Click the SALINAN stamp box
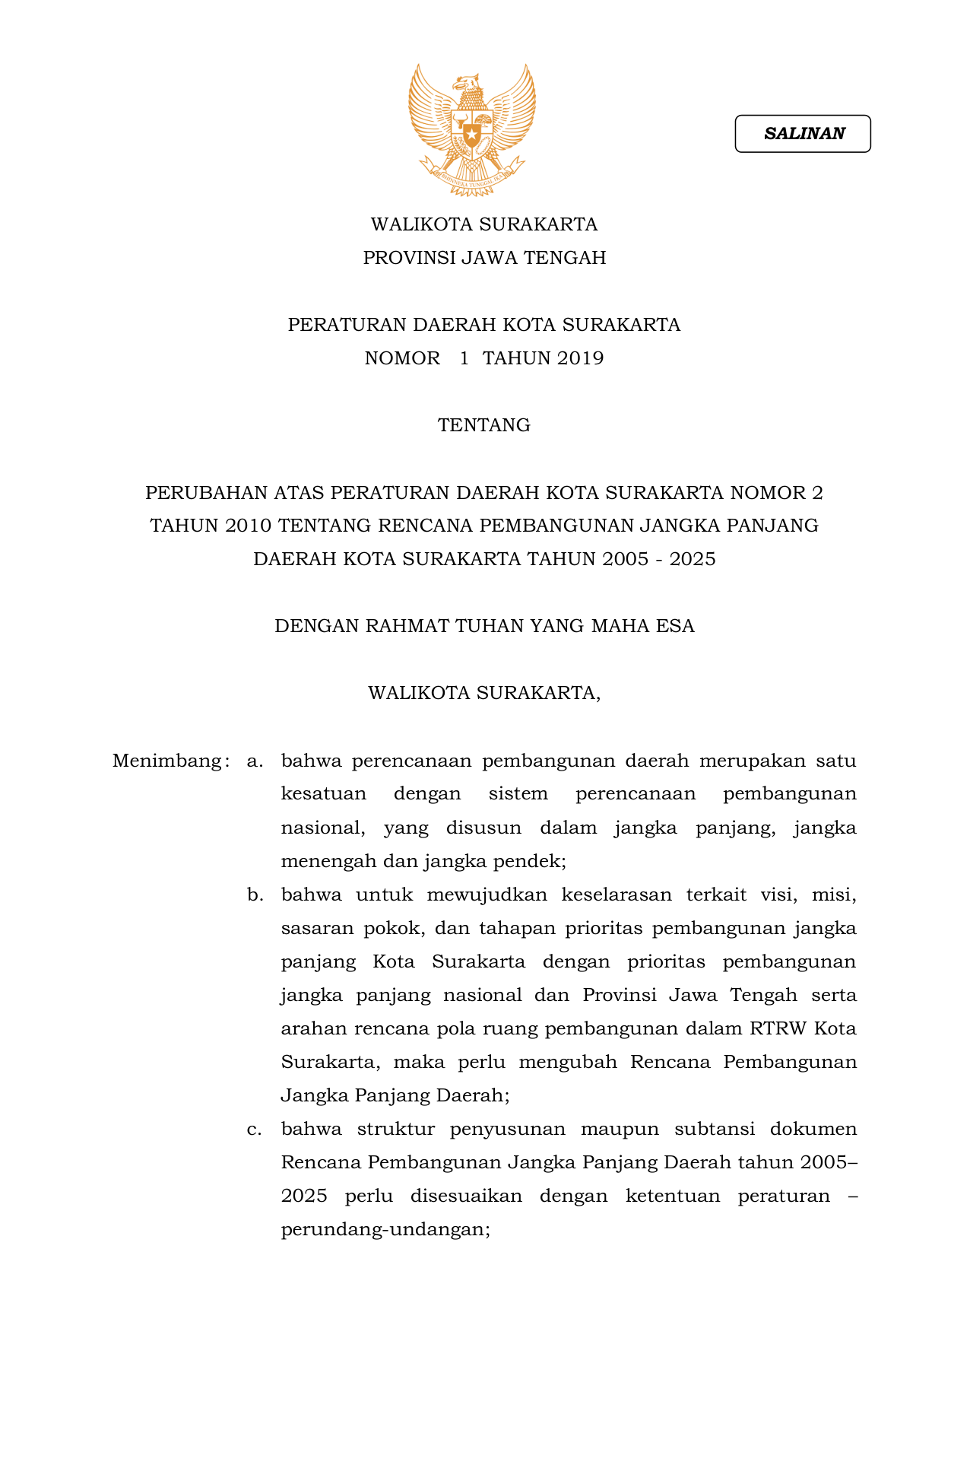802,134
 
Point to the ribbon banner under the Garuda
472,177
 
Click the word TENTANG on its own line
483,425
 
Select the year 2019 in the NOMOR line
579,358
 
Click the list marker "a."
255,761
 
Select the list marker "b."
255,895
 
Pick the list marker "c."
255,1129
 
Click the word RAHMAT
407,626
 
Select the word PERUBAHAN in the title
197,493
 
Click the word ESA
677,626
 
